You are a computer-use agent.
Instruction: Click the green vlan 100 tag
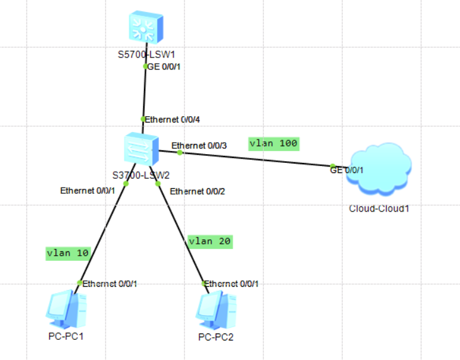[x=273, y=143]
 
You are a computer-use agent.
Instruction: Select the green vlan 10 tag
[x=68, y=253]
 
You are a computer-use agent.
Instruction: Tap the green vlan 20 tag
[x=210, y=241]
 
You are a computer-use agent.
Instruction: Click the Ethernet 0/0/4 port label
[x=173, y=119]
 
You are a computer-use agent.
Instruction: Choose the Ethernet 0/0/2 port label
[x=198, y=190]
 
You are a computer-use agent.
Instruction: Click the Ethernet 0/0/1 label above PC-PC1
[x=110, y=284]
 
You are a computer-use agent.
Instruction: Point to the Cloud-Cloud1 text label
[x=379, y=208]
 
